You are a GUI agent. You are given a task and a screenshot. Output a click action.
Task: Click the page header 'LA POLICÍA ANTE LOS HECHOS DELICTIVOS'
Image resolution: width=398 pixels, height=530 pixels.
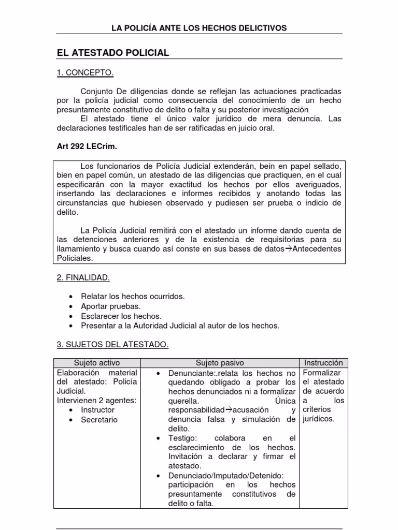(199, 27)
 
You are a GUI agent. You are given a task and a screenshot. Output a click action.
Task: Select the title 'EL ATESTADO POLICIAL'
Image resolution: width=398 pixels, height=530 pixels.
(112, 53)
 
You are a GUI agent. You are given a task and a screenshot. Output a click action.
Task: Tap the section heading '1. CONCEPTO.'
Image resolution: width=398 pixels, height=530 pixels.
(84, 73)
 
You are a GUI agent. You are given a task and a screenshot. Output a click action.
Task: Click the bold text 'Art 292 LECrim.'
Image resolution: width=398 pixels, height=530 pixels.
(87, 147)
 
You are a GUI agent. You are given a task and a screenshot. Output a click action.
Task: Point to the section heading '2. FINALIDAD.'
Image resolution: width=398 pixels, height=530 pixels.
(83, 278)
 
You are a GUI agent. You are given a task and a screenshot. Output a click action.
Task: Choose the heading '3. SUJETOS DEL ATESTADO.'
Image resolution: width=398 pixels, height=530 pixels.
(112, 344)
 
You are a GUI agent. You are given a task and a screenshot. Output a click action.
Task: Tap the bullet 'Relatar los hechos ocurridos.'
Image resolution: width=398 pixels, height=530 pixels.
(133, 297)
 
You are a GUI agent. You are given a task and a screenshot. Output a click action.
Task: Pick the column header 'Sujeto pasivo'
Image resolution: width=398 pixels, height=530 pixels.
(220, 363)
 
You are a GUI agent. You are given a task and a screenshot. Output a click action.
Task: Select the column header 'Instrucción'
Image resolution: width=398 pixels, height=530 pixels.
(323, 363)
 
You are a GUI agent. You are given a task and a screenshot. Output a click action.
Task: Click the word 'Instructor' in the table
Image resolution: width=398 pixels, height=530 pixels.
(98, 409)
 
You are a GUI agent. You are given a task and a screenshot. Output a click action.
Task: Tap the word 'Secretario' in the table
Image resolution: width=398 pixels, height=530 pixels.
(99, 419)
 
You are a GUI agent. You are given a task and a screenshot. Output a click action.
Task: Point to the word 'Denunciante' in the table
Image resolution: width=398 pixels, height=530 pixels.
(190, 373)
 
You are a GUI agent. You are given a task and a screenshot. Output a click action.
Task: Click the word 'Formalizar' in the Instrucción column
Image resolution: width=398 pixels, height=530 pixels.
(322, 373)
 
